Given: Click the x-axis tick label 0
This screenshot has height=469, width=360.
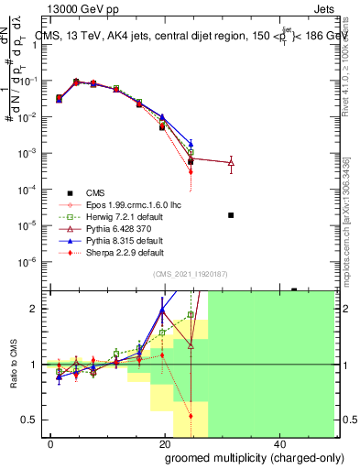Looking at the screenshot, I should pyautogui.click(x=51, y=443).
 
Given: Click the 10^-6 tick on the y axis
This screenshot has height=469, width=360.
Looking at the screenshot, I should pyautogui.click(x=27, y=261).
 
